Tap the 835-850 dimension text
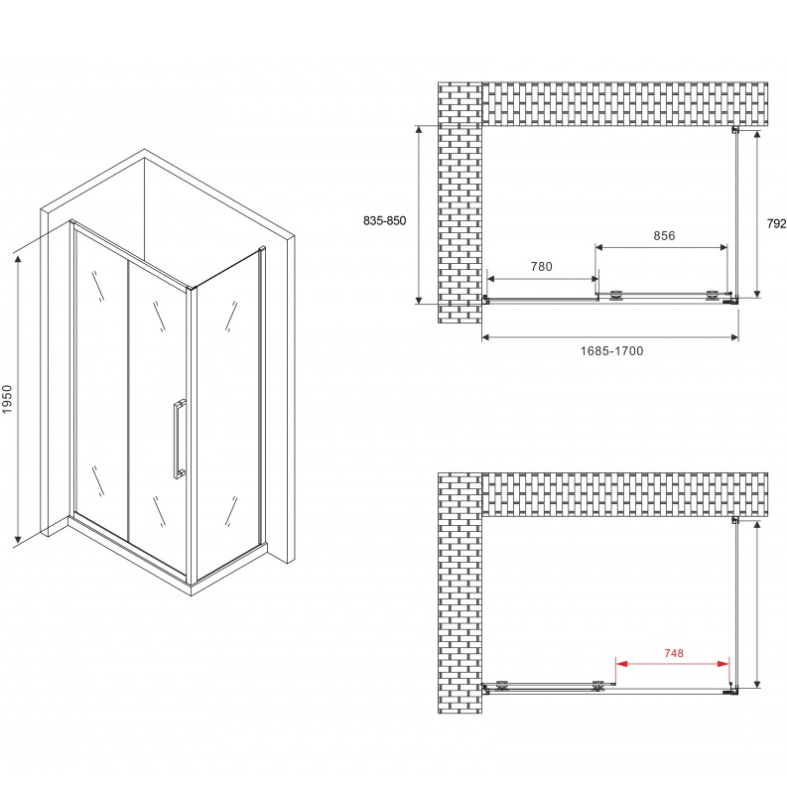point(385,221)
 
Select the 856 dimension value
point(663,235)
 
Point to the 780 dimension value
point(541,265)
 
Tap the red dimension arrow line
point(673,664)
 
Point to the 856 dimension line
point(663,246)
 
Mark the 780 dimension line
point(541,277)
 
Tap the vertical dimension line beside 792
point(758,212)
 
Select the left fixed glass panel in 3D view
point(99,377)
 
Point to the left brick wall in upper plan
point(459,198)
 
